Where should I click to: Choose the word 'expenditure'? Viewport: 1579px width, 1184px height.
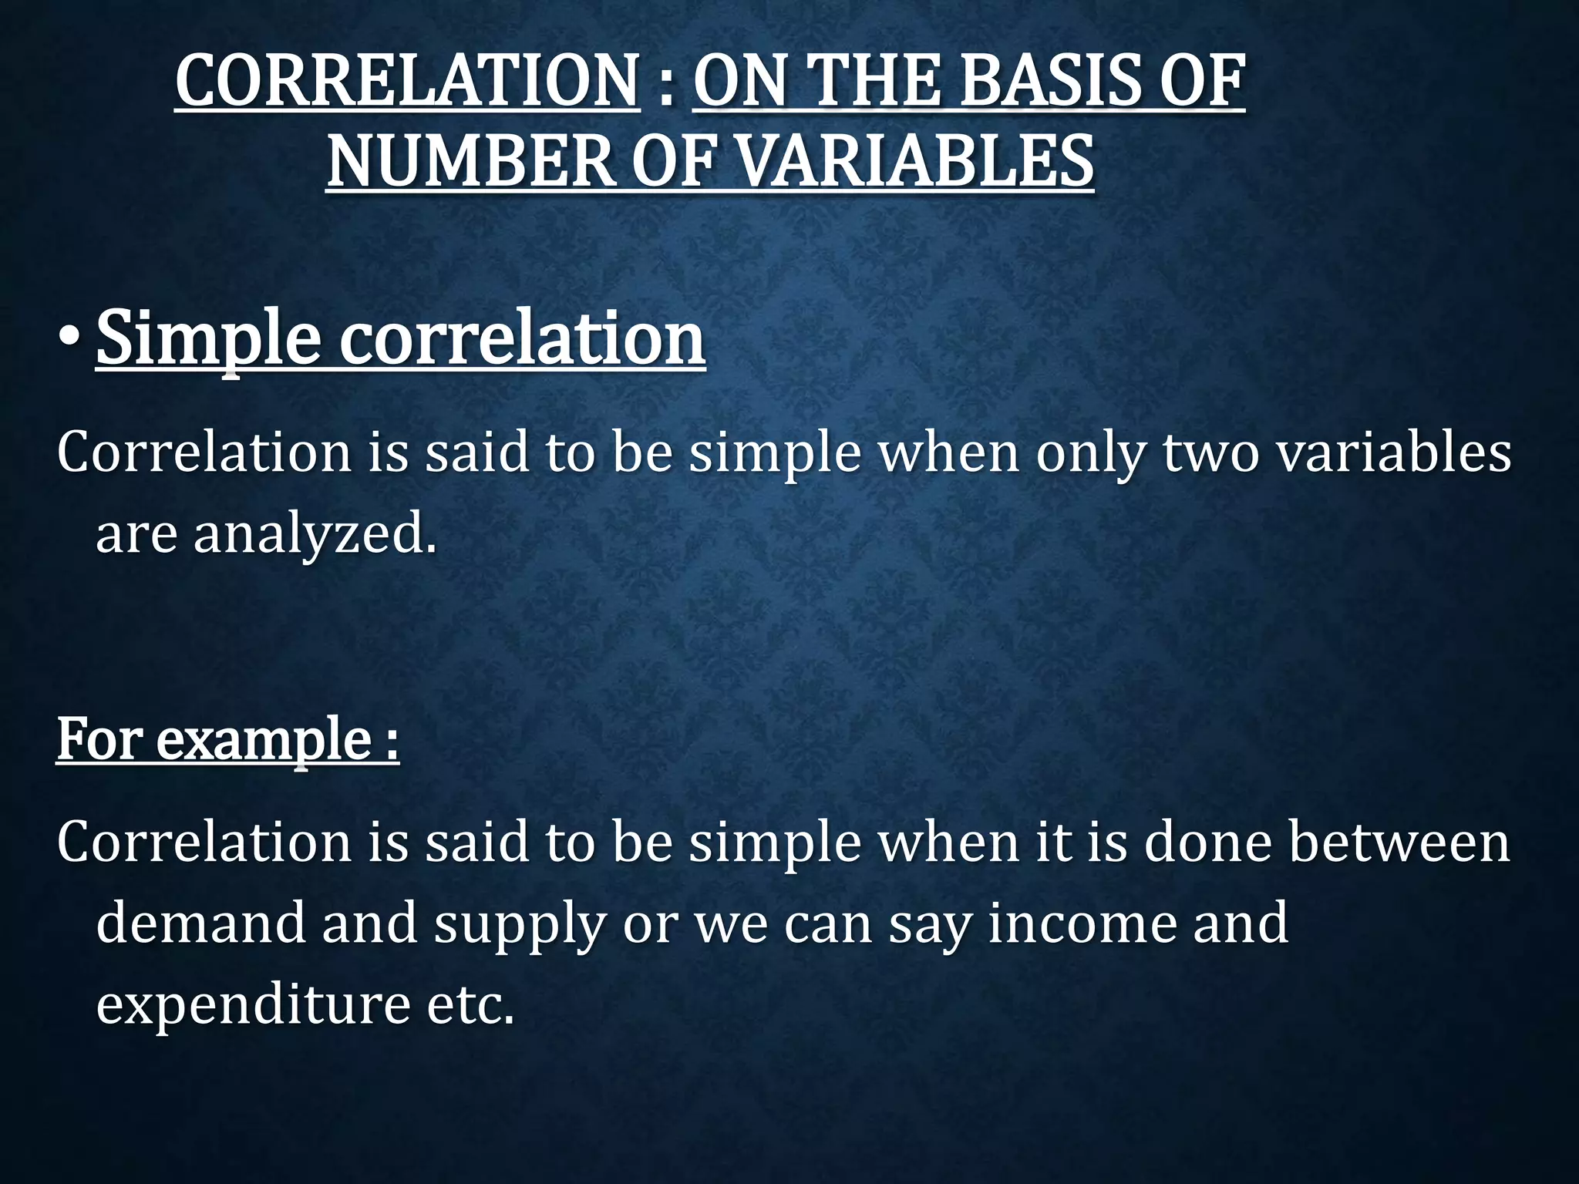[x=253, y=1005]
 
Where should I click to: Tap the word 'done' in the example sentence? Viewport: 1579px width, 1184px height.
[x=1207, y=842]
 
